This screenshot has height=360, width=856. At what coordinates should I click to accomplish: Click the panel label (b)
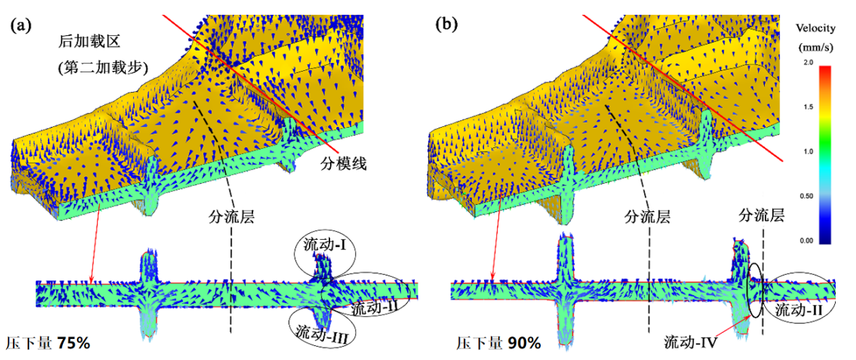[446, 26]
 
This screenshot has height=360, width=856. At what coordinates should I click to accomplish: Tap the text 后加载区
[89, 42]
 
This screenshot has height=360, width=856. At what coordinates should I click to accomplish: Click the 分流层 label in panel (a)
[232, 217]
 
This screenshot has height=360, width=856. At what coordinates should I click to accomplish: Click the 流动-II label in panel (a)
[373, 308]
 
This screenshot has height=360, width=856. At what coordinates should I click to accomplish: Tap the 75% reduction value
[74, 342]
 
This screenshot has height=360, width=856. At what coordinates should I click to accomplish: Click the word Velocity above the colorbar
[816, 28]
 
